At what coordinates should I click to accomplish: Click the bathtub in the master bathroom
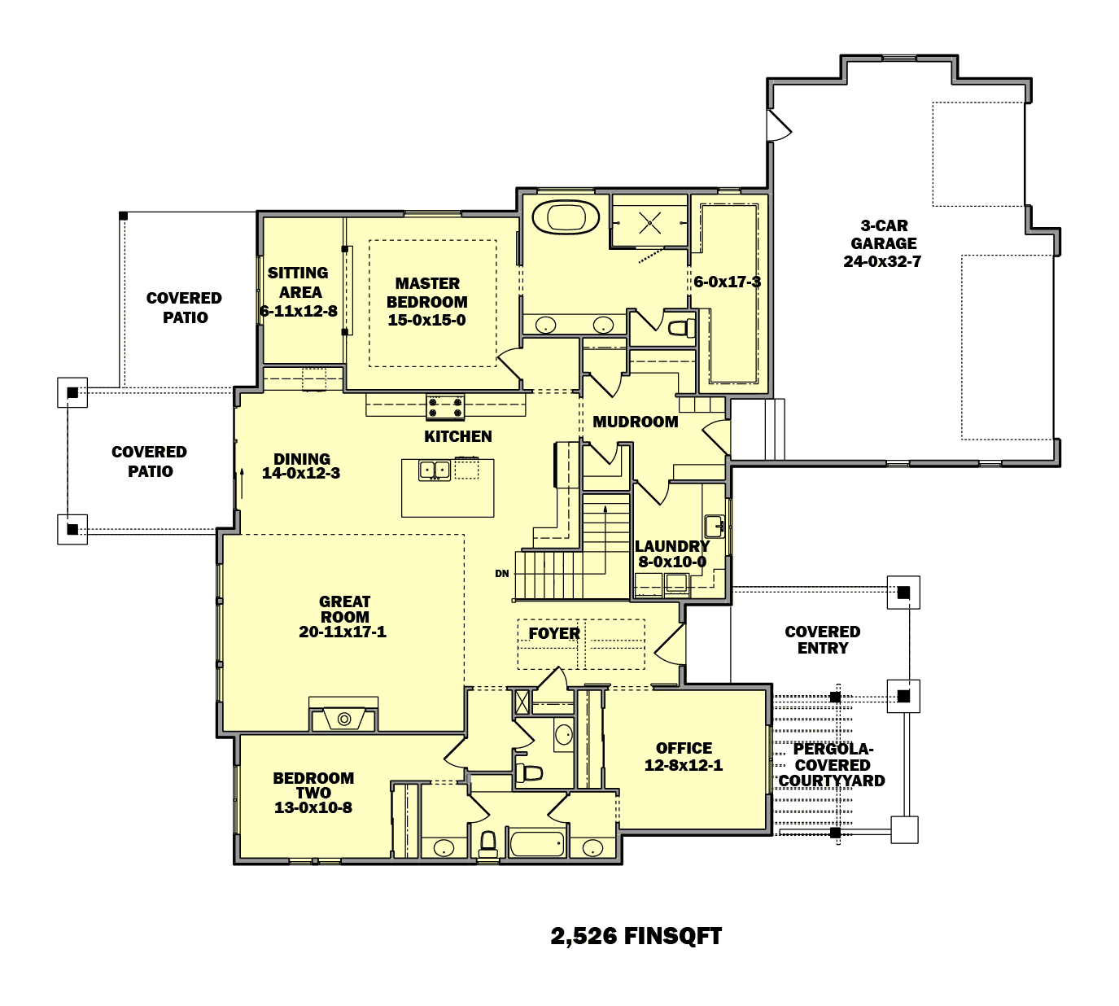coord(566,218)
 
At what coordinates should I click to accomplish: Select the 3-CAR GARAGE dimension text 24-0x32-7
coord(882,261)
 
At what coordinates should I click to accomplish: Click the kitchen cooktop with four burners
coord(445,405)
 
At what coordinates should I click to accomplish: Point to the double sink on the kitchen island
coord(435,470)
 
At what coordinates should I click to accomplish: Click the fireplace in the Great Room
coord(344,719)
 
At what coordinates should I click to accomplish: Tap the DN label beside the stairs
coord(502,574)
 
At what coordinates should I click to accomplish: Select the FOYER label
coord(554,633)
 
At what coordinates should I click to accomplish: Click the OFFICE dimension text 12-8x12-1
coord(684,765)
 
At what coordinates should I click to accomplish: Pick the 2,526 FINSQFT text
coord(636,936)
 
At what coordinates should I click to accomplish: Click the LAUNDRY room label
coord(671,546)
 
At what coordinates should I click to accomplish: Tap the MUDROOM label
coord(635,422)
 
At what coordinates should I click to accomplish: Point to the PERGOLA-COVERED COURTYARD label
coord(832,765)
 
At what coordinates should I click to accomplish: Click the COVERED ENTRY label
coord(823,640)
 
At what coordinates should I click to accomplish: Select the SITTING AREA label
coord(299,282)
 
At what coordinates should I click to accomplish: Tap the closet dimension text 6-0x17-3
coord(727,282)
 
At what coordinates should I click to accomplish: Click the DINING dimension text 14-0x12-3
coord(301,473)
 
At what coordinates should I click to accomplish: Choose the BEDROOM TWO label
coord(313,785)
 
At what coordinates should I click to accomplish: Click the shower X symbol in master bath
coord(649,222)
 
